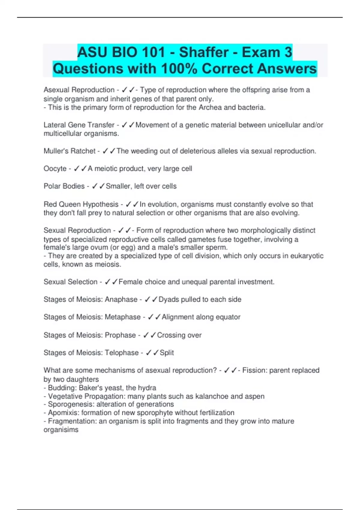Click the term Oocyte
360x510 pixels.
55,169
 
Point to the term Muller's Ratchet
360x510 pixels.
69,151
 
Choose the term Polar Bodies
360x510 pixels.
64,186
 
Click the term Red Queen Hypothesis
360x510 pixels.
81,204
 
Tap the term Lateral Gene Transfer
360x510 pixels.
79,125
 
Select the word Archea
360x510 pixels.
210,107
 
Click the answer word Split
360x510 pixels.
167,353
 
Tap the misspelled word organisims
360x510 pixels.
61,430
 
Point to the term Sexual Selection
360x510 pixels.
70,282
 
